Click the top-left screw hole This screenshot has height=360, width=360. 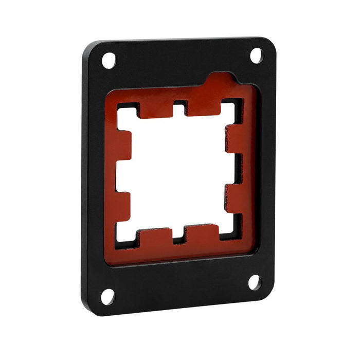(x=109, y=60)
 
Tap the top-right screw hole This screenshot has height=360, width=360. (x=256, y=56)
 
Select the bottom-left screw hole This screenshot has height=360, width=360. (x=107, y=296)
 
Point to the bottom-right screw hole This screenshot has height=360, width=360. (x=255, y=282)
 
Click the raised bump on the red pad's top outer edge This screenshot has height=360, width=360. (x=223, y=79)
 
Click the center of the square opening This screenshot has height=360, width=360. (x=177, y=172)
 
